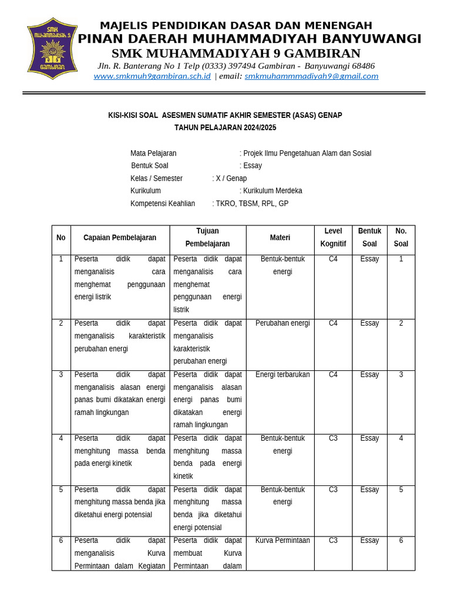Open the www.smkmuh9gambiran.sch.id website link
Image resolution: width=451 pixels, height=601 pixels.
(x=152, y=76)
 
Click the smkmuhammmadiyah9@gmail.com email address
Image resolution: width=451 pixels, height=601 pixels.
(x=311, y=76)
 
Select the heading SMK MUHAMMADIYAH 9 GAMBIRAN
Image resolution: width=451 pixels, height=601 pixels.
(x=236, y=53)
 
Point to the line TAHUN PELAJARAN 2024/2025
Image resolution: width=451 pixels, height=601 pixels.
(x=225, y=127)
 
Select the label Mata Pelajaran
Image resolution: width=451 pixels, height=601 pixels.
(x=153, y=153)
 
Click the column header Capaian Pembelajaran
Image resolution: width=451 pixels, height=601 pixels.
(x=120, y=238)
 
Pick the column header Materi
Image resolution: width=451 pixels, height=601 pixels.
(x=280, y=238)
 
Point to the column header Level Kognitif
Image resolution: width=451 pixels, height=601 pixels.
(x=333, y=237)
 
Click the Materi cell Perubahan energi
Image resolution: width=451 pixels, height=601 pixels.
(x=282, y=323)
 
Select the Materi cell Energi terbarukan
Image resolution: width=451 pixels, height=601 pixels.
(x=282, y=374)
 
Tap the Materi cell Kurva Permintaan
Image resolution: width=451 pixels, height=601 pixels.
(x=282, y=541)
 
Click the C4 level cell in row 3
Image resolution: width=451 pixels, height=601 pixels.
(x=333, y=374)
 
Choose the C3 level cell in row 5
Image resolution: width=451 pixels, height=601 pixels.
(x=333, y=489)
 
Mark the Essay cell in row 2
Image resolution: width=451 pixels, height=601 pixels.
(x=369, y=323)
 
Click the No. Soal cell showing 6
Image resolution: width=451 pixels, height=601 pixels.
(x=401, y=541)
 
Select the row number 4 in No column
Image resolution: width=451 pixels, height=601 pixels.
(x=61, y=438)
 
